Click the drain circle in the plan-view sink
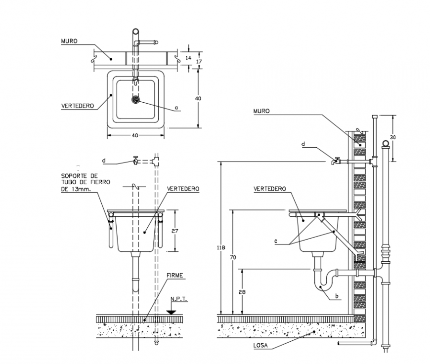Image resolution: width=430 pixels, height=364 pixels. (135, 99)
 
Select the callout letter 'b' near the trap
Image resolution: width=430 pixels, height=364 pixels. (337, 296)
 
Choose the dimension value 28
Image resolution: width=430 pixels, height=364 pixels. (242, 292)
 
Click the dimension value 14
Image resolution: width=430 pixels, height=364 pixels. (188, 58)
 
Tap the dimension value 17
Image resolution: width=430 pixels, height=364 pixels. (199, 61)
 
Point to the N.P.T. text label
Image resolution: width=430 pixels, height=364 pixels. (178, 299)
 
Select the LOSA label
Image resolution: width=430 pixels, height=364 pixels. (260, 346)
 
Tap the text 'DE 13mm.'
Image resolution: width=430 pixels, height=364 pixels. (77, 189)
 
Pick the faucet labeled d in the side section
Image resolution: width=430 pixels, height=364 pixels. (336, 161)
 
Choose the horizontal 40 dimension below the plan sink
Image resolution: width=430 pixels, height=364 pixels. (135, 135)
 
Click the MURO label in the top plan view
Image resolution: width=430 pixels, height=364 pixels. (69, 41)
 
